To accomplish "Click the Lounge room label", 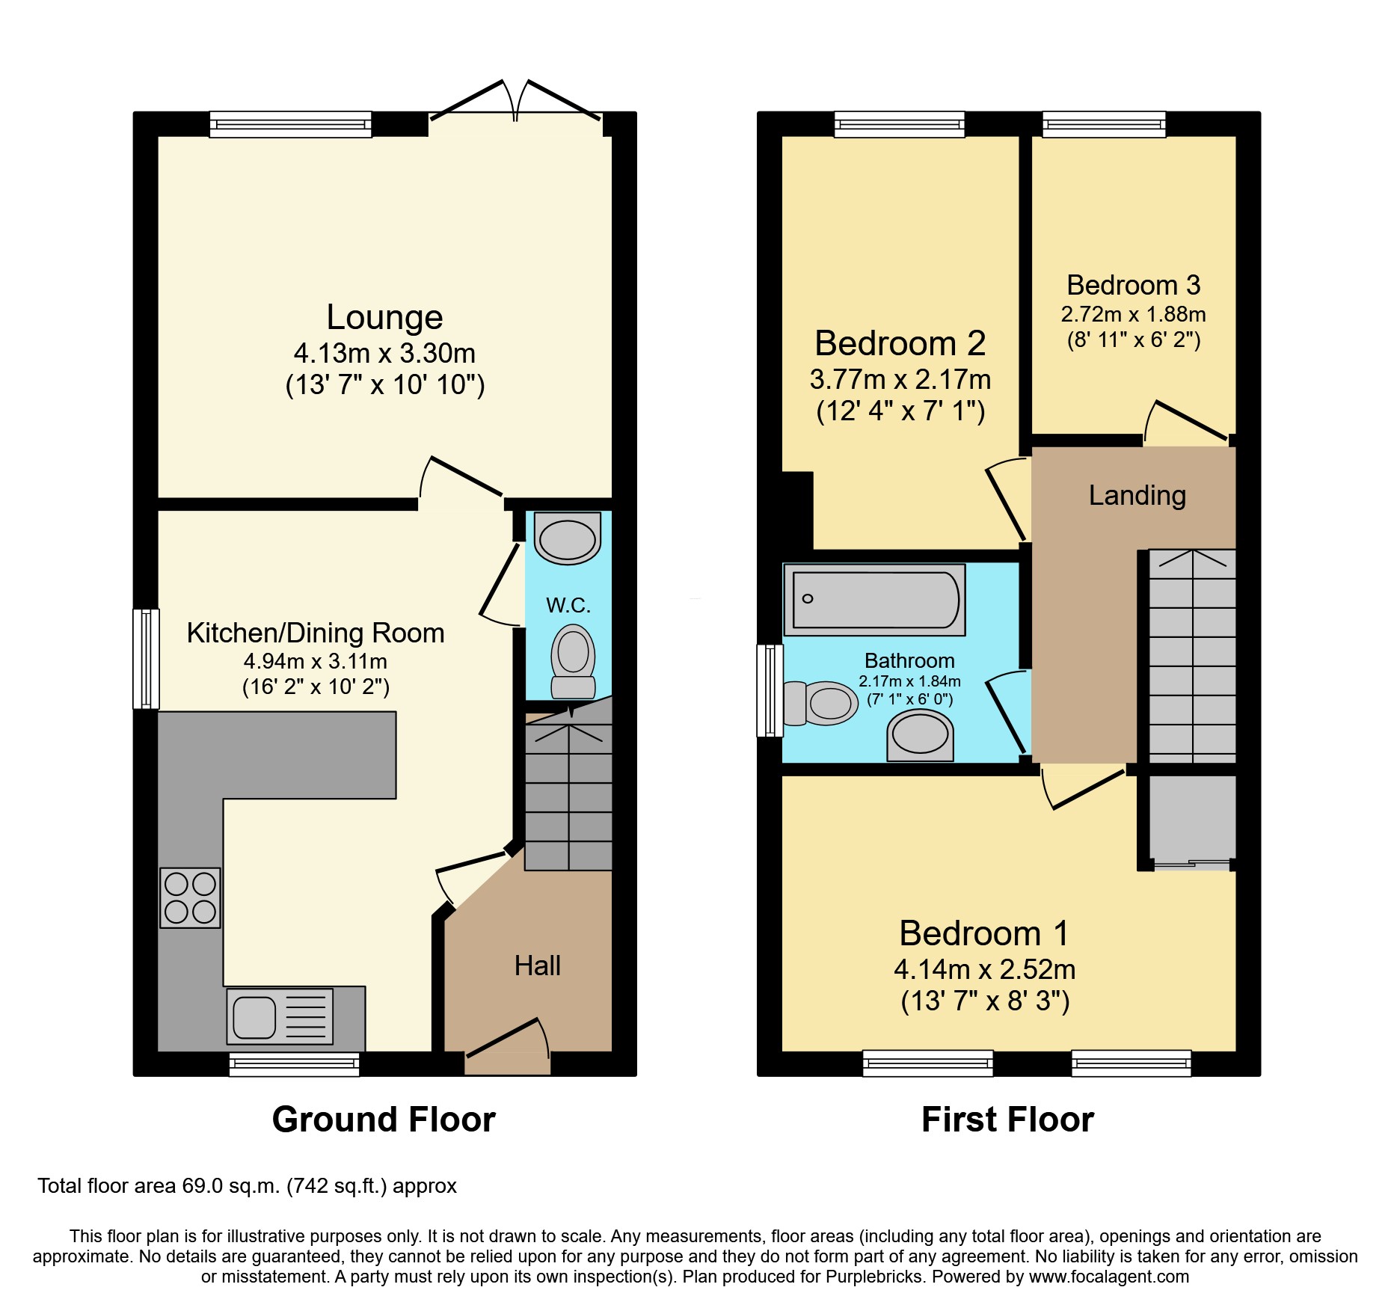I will click(x=384, y=317).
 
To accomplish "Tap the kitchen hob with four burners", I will click(x=190, y=897).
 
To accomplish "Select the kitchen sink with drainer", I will click(x=280, y=1016).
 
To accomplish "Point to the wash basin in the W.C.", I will click(x=568, y=538).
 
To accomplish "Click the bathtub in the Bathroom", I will click(x=874, y=600).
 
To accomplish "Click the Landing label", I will click(x=1137, y=495).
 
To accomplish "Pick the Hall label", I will click(x=537, y=965).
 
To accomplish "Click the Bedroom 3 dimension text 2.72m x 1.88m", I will click(x=1133, y=314).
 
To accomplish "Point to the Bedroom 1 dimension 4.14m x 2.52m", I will click(x=984, y=969).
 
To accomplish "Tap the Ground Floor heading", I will click(x=384, y=1120).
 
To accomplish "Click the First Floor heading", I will click(x=1007, y=1120).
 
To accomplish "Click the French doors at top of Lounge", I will click(x=515, y=105).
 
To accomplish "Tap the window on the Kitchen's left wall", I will click(x=146, y=658).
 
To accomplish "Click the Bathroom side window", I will click(x=770, y=690).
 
